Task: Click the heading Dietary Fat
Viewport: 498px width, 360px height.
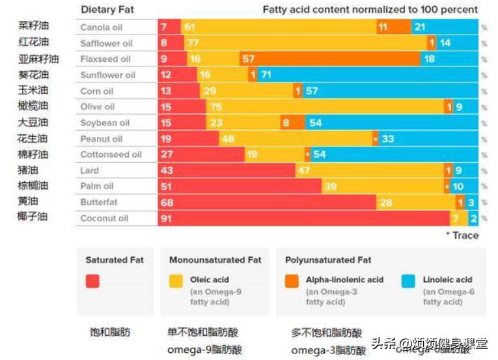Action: click(107, 10)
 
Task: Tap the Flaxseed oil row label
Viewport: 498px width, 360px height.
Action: click(105, 59)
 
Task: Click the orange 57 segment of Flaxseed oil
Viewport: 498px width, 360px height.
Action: click(329, 59)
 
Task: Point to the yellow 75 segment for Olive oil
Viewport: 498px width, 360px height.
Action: click(325, 107)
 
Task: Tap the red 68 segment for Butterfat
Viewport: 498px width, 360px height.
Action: click(267, 202)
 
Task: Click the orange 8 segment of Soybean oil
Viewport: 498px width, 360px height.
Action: click(293, 123)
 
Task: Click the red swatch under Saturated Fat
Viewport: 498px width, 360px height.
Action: click(92, 281)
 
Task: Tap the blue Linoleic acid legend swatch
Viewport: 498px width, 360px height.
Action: click(409, 281)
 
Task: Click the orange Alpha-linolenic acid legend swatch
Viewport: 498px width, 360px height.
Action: click(292, 281)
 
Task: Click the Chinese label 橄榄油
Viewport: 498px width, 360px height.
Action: click(33, 106)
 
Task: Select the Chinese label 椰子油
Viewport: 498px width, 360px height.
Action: click(33, 217)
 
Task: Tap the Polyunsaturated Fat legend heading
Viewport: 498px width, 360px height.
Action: click(328, 260)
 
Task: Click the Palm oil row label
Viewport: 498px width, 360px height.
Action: click(97, 186)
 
